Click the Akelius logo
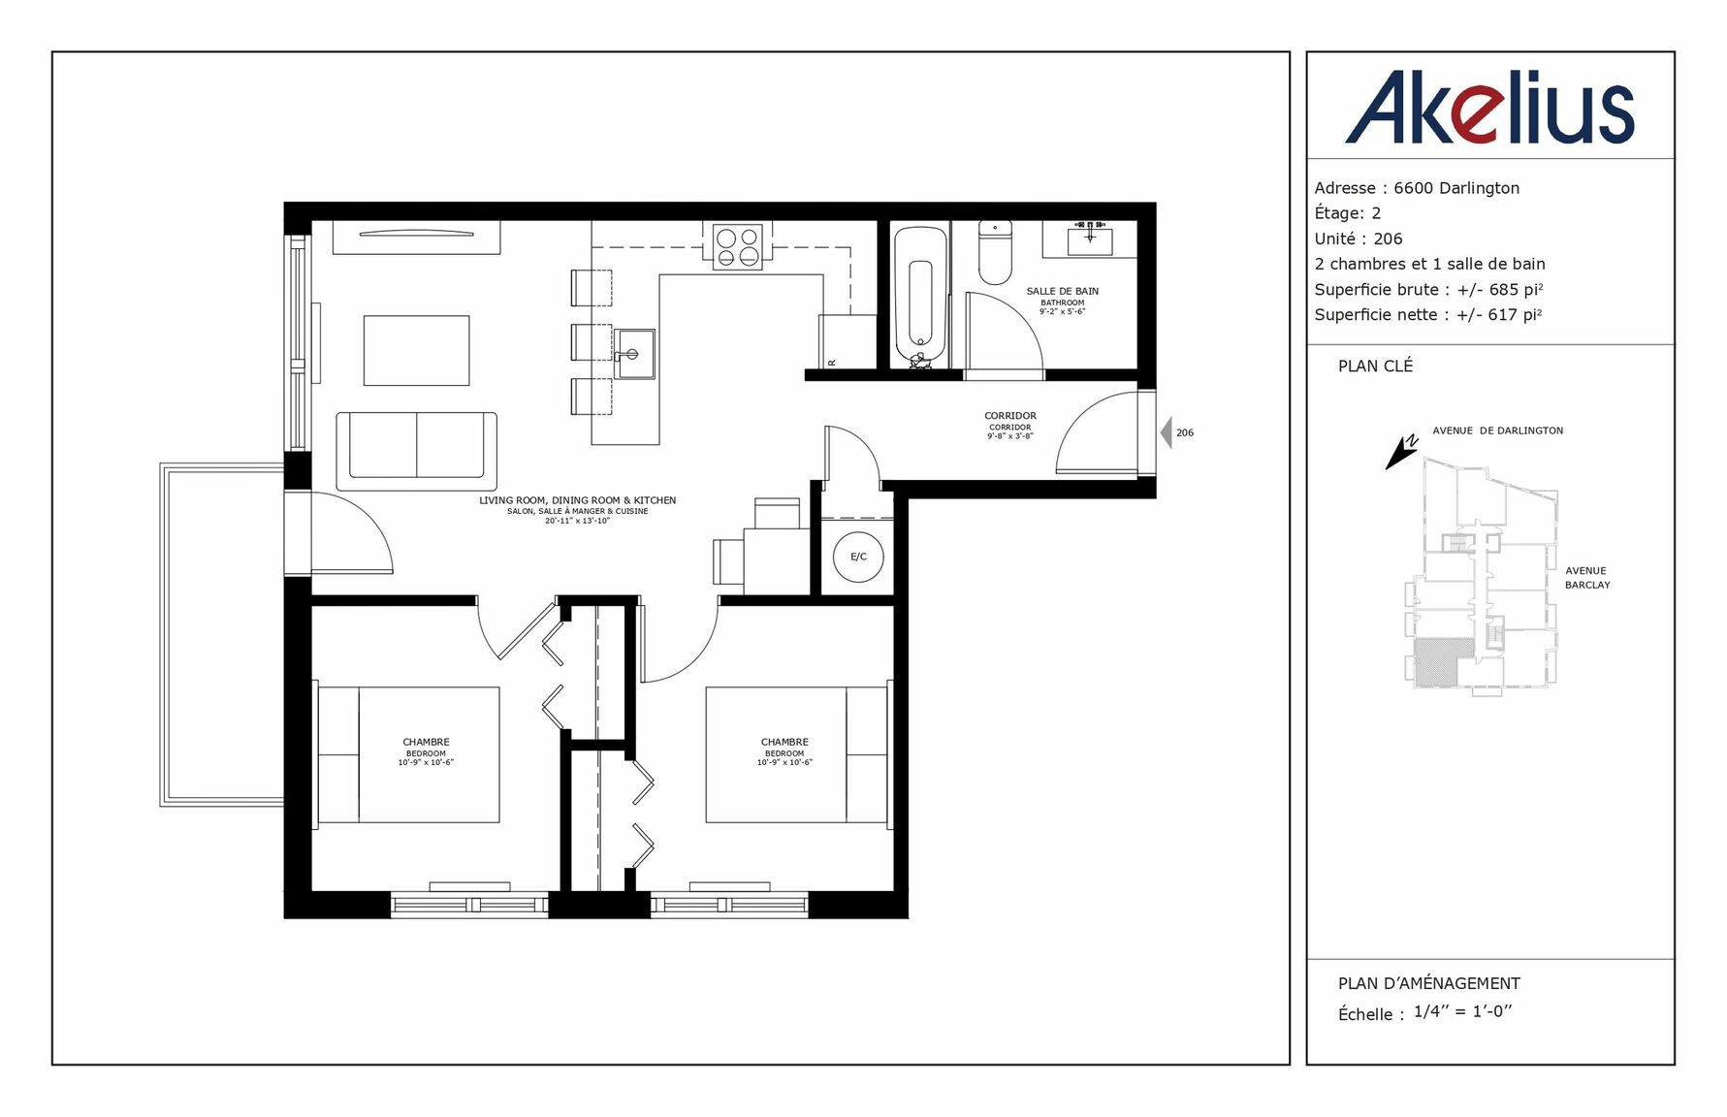(x=1489, y=108)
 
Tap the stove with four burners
(x=738, y=245)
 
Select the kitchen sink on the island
(x=634, y=354)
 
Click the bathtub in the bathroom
(x=920, y=294)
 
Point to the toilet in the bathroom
(x=995, y=251)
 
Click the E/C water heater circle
(x=859, y=557)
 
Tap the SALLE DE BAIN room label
(x=1063, y=291)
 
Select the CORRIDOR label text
(x=1010, y=416)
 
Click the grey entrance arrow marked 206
(x=1167, y=432)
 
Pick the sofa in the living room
(x=417, y=451)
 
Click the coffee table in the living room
(x=417, y=350)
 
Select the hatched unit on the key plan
(x=1437, y=663)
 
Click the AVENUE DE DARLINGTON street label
(x=1497, y=431)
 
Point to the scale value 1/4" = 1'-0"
(x=1463, y=1011)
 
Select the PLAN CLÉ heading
(x=1375, y=366)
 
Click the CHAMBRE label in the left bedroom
(x=427, y=742)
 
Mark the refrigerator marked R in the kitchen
(x=848, y=341)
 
